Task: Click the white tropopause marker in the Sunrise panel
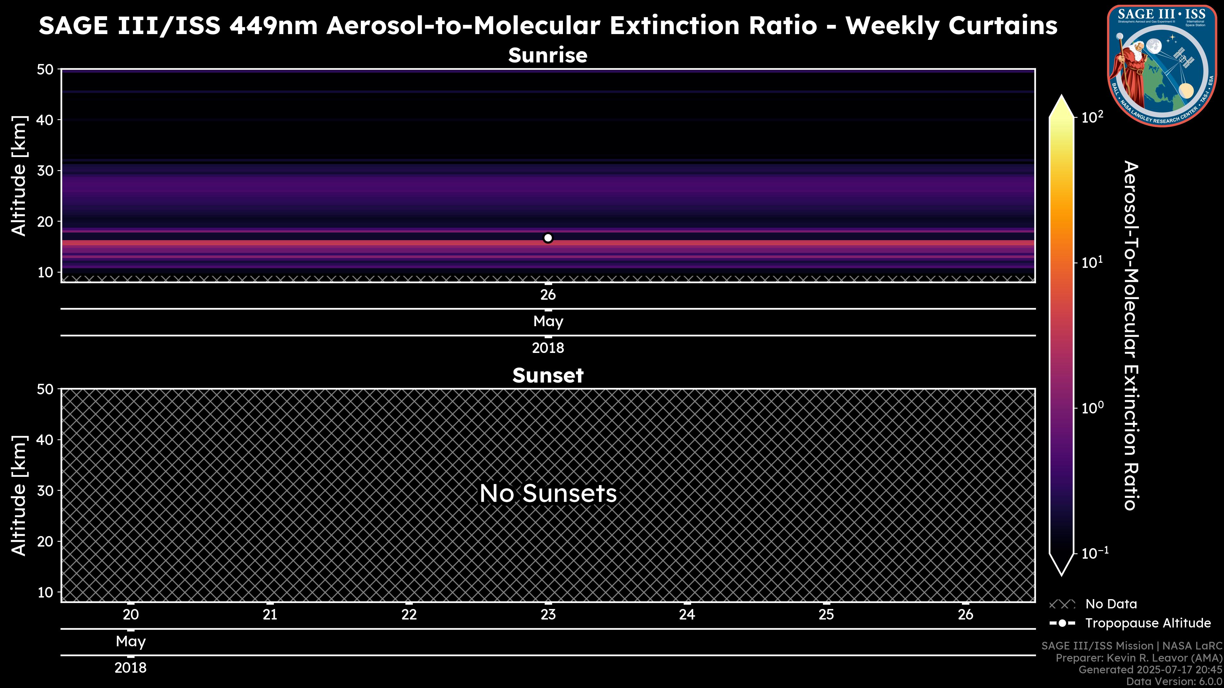(548, 238)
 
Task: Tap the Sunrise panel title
(548, 55)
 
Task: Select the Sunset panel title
(548, 375)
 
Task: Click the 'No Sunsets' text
(548, 493)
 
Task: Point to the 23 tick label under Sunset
(548, 615)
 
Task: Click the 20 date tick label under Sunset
(131, 615)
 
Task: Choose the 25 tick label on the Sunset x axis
(826, 615)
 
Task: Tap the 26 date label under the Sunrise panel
(548, 295)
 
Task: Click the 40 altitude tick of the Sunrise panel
(46, 120)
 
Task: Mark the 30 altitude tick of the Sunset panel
(46, 491)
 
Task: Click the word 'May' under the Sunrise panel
(548, 321)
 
